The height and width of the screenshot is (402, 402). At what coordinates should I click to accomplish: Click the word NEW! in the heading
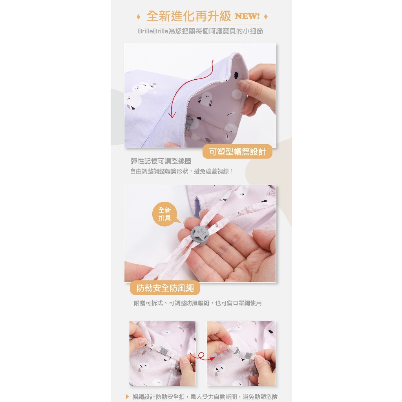click(x=247, y=16)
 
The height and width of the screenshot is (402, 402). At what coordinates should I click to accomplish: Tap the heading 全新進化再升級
click(x=189, y=16)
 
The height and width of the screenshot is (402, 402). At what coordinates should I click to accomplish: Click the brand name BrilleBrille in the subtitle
click(x=153, y=31)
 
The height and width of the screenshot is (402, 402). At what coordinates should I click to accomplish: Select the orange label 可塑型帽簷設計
click(x=238, y=152)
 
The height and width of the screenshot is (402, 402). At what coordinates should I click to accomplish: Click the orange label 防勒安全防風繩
click(x=165, y=288)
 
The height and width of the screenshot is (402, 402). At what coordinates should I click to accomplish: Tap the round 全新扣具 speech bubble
click(x=164, y=214)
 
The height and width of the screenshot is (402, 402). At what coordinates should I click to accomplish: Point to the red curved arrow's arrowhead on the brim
click(x=172, y=115)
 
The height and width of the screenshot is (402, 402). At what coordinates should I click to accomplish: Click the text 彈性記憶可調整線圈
click(x=161, y=161)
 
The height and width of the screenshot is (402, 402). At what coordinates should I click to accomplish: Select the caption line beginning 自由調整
click(x=181, y=171)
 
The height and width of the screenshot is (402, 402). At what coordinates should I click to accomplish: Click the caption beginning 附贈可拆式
click(x=198, y=303)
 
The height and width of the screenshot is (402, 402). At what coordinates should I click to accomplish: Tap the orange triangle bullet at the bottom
click(x=128, y=397)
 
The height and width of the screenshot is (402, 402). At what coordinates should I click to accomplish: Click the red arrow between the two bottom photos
click(x=202, y=356)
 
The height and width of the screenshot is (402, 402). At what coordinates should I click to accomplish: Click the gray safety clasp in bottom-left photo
click(x=163, y=350)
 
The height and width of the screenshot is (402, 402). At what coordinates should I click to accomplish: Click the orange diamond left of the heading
click(x=139, y=17)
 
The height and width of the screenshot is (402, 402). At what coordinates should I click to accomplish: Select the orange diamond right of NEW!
click(x=266, y=16)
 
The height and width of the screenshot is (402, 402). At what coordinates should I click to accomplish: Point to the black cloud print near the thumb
click(x=236, y=75)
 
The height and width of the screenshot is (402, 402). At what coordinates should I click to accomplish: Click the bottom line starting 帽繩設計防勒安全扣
click(x=205, y=397)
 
